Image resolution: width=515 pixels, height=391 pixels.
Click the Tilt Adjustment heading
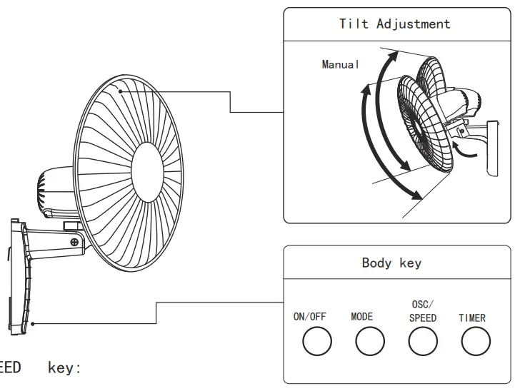tap(394, 24)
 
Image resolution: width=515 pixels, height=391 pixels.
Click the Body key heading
tap(391, 263)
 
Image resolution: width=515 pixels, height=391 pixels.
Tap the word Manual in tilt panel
tap(341, 64)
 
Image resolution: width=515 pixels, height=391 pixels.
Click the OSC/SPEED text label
tap(423, 312)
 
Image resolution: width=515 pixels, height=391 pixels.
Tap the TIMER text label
tap(472, 318)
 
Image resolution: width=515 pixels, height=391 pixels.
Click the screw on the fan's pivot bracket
tap(74, 243)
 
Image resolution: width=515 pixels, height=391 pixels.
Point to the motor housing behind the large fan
tap(53, 190)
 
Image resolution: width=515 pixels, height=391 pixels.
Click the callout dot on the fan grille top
tap(121, 91)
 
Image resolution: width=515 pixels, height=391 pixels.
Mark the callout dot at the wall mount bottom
tap(32, 323)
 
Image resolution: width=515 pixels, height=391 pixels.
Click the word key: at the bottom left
tap(65, 368)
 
